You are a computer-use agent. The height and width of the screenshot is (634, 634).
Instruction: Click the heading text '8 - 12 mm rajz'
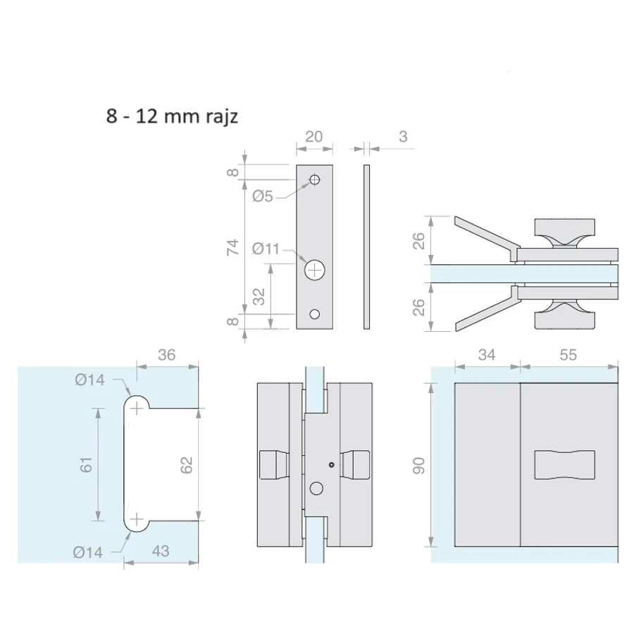(x=172, y=116)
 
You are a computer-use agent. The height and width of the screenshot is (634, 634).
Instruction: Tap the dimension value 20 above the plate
(x=313, y=137)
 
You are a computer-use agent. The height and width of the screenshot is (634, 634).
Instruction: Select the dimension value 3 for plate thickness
(x=403, y=137)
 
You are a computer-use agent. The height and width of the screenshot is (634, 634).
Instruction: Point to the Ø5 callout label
(x=263, y=197)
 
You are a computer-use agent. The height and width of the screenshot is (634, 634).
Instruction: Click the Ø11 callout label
(x=266, y=249)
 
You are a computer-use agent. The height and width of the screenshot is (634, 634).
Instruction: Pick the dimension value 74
(x=232, y=247)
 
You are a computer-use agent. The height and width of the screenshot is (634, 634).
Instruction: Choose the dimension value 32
(x=259, y=297)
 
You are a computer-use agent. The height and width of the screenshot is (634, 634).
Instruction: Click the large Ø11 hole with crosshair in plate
(x=315, y=270)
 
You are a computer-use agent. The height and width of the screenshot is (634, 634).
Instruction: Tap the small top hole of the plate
(x=315, y=179)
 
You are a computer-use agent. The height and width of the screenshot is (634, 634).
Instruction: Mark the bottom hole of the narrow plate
(x=315, y=313)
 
